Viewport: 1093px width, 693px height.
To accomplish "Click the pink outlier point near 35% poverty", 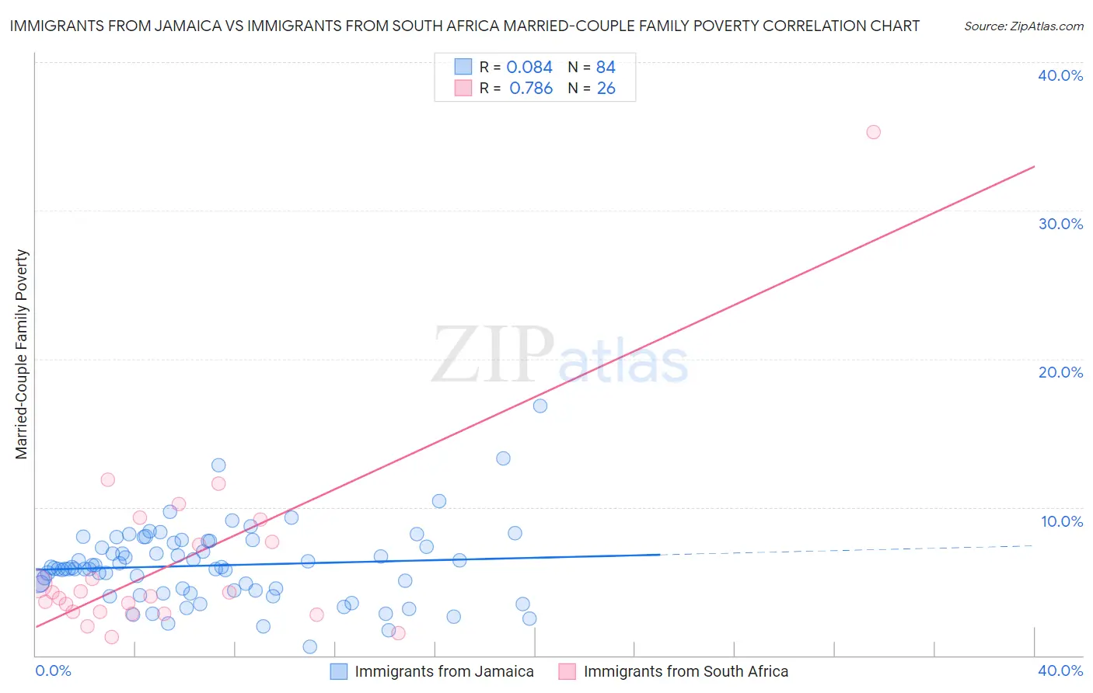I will pyautogui.click(x=873, y=132).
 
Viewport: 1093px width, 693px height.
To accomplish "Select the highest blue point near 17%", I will pyautogui.click(x=540, y=406).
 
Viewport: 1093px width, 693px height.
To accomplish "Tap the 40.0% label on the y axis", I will pyautogui.click(x=1060, y=75).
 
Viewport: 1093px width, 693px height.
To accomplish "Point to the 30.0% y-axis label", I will pyautogui.click(x=1060, y=224).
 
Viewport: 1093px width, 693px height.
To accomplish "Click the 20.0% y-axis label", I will pyautogui.click(x=1060, y=372).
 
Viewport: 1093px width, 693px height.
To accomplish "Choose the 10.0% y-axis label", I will pyautogui.click(x=1061, y=521).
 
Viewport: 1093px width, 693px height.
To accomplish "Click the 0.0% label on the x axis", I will pyautogui.click(x=53, y=670).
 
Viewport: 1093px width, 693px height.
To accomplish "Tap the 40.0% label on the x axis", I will pyautogui.click(x=1060, y=670).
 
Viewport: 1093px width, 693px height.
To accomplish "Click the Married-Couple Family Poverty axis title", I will pyautogui.click(x=22, y=354).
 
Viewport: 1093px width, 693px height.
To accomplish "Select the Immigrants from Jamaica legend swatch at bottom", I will pyautogui.click(x=339, y=671).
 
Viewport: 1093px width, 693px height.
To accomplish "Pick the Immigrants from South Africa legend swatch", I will pyautogui.click(x=567, y=671).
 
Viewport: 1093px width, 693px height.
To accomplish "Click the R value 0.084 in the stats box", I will pyautogui.click(x=529, y=68).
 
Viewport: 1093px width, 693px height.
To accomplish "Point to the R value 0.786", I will pyautogui.click(x=531, y=89).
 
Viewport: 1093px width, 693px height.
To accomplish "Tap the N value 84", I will pyautogui.click(x=606, y=68).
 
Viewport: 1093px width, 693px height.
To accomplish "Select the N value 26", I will pyautogui.click(x=606, y=89).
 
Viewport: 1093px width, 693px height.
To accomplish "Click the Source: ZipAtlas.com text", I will pyautogui.click(x=1023, y=26).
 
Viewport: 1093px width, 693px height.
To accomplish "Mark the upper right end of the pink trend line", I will pyautogui.click(x=1034, y=166).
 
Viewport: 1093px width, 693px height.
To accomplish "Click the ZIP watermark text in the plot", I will pyautogui.click(x=492, y=355).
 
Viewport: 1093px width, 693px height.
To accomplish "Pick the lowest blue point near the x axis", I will pyautogui.click(x=309, y=646).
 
